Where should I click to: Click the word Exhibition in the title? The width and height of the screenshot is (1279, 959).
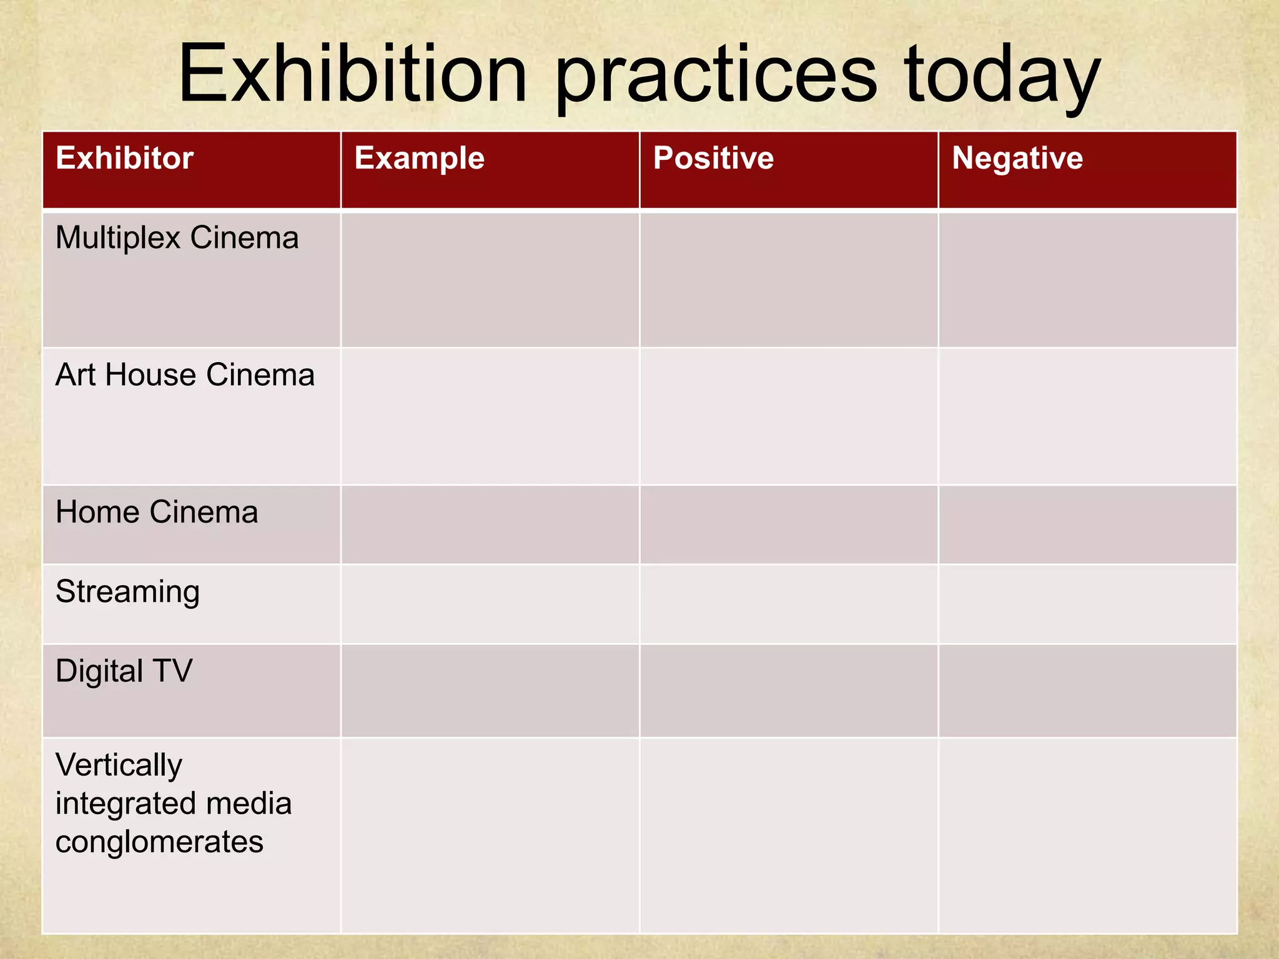pos(353,75)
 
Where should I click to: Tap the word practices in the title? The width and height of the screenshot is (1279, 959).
pos(716,78)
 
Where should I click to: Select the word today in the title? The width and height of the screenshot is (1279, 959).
pos(1002,78)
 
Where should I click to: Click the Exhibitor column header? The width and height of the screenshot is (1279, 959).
pos(124,158)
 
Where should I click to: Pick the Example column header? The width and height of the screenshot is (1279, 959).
pos(419,158)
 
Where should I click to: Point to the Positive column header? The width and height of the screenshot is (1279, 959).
pos(713,158)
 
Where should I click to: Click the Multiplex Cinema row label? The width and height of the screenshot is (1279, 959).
pos(177,238)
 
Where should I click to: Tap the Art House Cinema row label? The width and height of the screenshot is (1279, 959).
pos(185,375)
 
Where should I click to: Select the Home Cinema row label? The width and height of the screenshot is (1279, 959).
pos(157,512)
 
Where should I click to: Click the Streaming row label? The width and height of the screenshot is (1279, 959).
pos(127,592)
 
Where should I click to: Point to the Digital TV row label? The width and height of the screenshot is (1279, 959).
pos(124,671)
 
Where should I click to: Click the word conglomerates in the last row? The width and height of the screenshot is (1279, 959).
pos(159,842)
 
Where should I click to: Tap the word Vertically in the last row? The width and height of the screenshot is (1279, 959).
pos(119,765)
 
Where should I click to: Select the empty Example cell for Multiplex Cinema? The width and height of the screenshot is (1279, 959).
pos(490,280)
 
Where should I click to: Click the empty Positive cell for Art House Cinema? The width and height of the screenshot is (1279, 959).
pos(789,416)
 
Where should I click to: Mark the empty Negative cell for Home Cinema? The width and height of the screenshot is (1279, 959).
pos(1087,524)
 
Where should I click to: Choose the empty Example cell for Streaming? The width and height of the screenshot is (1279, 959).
pos(490,604)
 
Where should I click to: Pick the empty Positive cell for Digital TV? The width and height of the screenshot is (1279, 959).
pos(789,691)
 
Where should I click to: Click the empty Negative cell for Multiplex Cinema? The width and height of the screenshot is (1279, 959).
pos(1087,280)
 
